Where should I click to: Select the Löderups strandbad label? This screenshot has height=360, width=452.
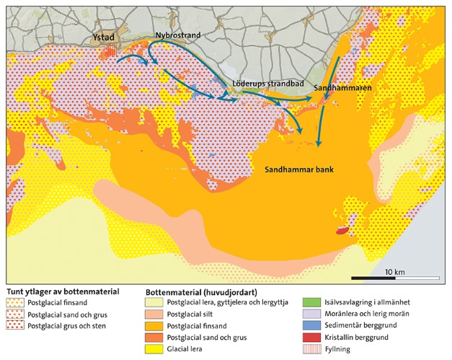[x=266, y=84]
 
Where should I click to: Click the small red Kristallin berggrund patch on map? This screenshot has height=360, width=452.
[x=342, y=231]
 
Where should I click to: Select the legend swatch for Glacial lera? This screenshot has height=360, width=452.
[x=154, y=347]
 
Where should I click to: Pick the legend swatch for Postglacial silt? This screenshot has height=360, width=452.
[x=154, y=314]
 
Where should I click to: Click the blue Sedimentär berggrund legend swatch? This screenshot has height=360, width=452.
[x=310, y=325]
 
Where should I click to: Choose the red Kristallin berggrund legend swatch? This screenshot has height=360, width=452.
[x=310, y=336]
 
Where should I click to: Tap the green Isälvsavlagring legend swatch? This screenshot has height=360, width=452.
[x=310, y=302]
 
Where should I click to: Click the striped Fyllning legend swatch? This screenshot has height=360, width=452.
[x=310, y=347]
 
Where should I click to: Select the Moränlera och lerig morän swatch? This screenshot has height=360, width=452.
[x=310, y=314]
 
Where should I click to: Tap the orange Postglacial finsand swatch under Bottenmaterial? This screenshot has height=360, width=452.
[x=154, y=325]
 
